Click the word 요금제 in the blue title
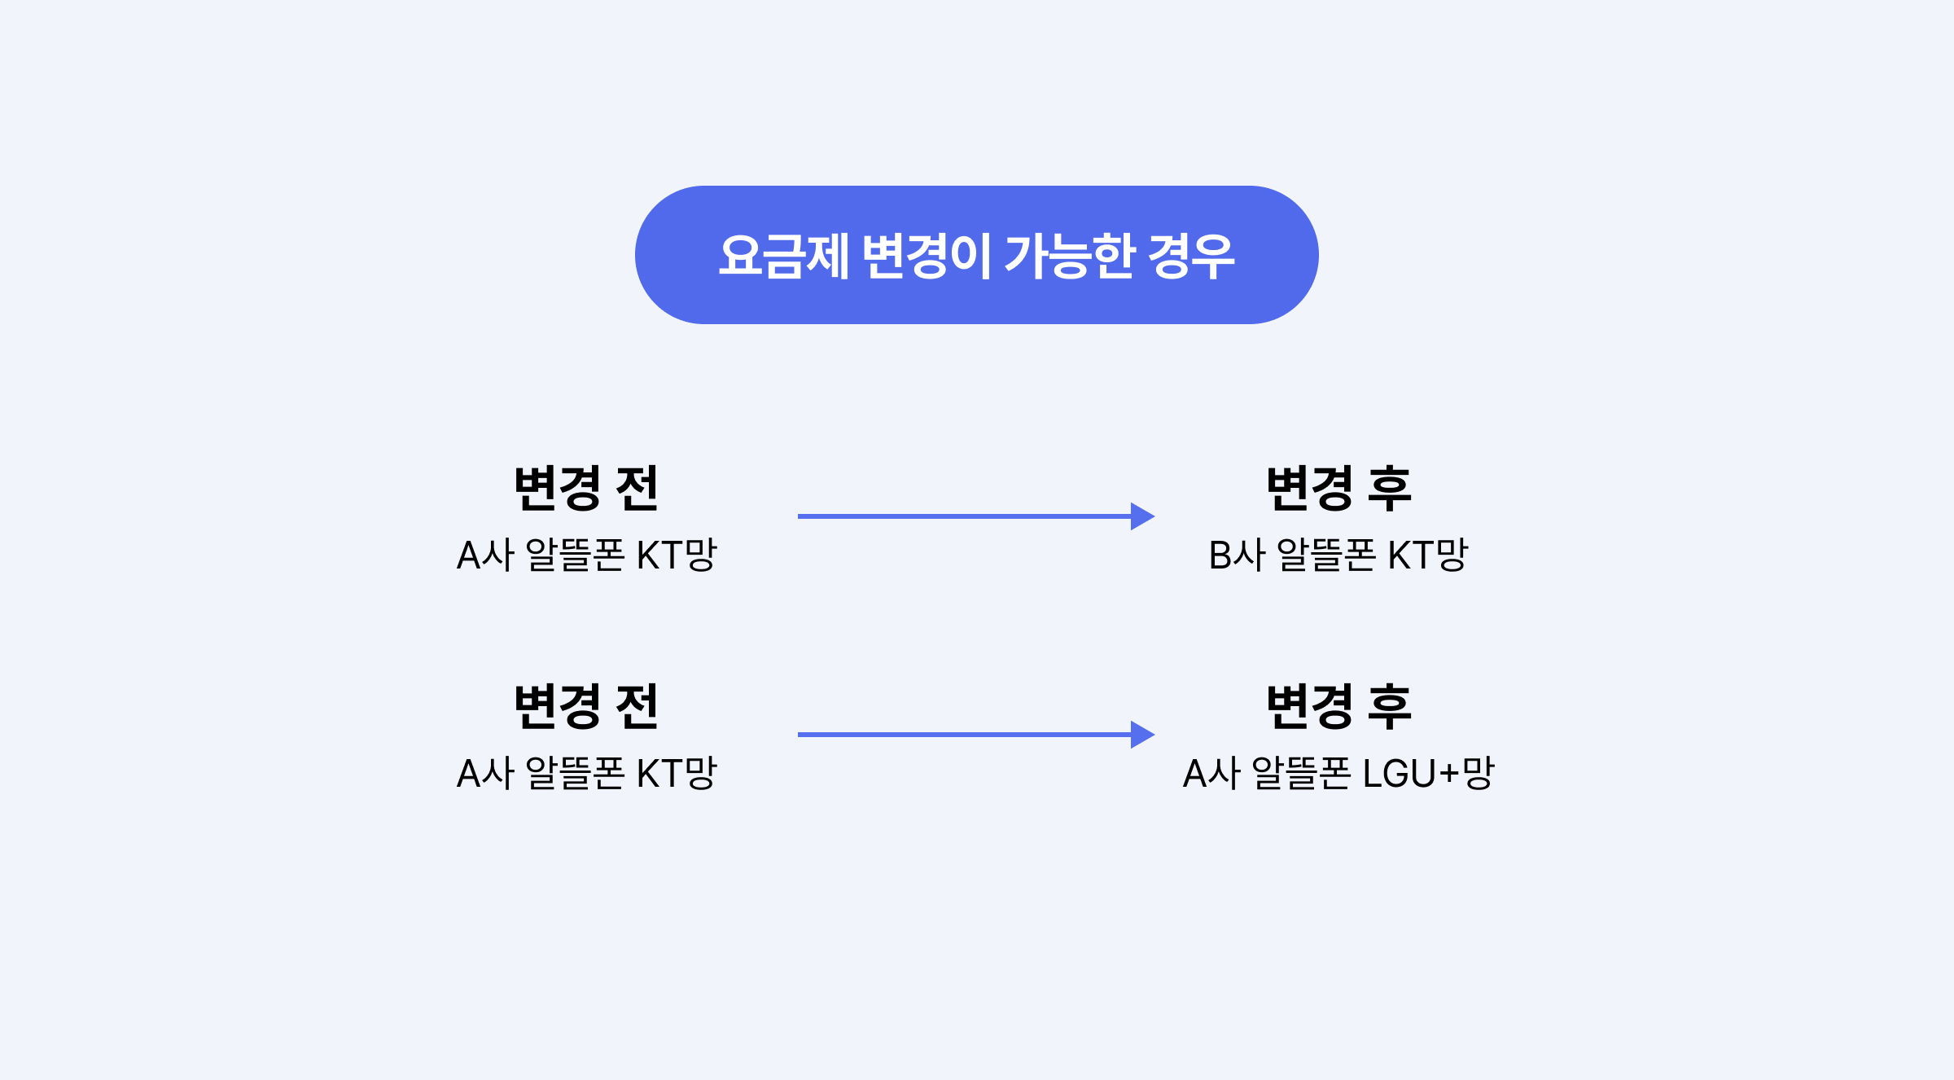[x=783, y=256]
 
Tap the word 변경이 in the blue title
[x=926, y=256]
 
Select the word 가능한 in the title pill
[x=1069, y=256]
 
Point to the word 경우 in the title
[x=1191, y=256]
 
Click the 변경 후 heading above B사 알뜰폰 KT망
[x=1338, y=489]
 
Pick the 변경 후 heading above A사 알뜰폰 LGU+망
[x=1338, y=707]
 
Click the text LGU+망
[x=1428, y=773]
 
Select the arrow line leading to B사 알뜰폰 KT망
[x=961, y=516]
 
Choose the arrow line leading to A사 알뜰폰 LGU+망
[x=961, y=735]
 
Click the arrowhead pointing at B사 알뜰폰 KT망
[x=1142, y=516]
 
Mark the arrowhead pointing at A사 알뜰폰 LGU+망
[x=1142, y=735]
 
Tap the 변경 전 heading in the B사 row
[x=586, y=489]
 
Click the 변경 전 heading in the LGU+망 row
[x=586, y=707]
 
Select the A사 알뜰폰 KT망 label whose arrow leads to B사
[x=586, y=555]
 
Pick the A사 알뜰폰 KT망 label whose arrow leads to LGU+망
[x=586, y=773]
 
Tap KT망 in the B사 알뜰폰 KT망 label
[x=1427, y=555]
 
